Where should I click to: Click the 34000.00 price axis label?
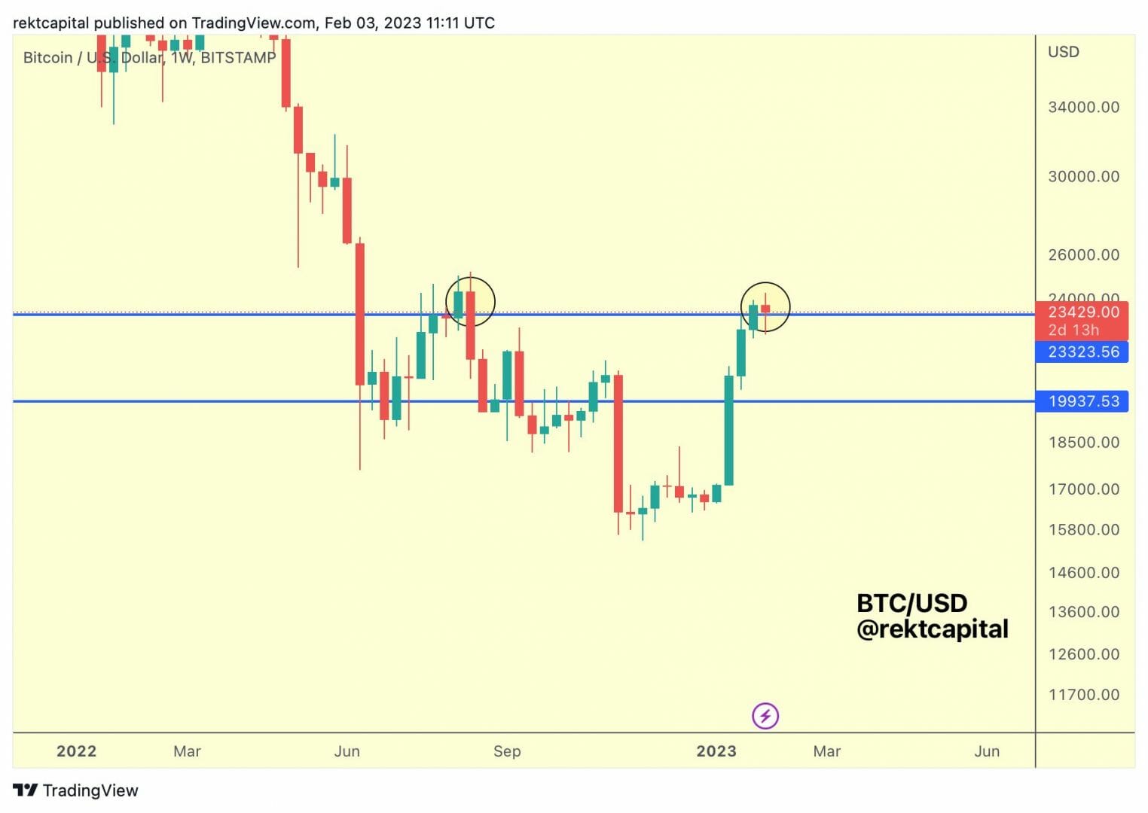click(1083, 107)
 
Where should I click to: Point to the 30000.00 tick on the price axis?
click(1083, 176)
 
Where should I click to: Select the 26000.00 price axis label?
click(1083, 254)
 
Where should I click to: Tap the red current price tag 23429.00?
click(1083, 312)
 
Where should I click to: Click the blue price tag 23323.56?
click(1083, 352)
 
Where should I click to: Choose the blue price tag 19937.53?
click(1083, 401)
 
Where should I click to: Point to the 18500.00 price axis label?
click(1083, 442)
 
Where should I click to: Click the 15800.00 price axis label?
click(1083, 529)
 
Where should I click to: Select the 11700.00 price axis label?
click(1083, 694)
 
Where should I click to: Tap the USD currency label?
click(1063, 52)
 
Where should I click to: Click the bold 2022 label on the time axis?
click(76, 751)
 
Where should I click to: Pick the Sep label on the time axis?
click(507, 751)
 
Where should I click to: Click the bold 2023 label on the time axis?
click(716, 751)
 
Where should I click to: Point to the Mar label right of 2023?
click(826, 751)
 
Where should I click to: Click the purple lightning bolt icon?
click(765, 716)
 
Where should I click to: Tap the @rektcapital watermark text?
click(932, 629)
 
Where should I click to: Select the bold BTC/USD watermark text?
click(911, 603)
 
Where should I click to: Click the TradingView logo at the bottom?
click(76, 790)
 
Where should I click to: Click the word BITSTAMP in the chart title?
click(238, 58)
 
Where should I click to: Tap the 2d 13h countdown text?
click(1073, 330)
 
